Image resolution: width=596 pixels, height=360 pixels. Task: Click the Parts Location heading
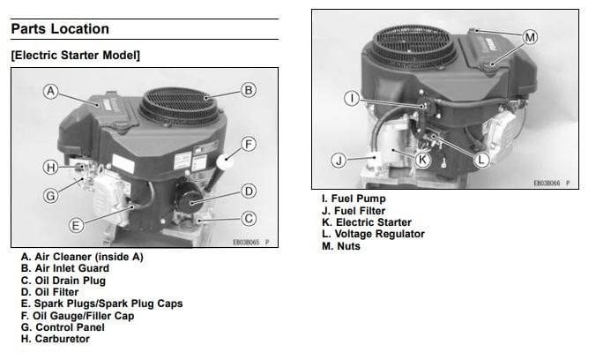(60, 29)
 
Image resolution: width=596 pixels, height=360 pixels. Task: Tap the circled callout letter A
(51, 91)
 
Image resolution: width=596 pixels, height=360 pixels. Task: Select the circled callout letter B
(249, 90)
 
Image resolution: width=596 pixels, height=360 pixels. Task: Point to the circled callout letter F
(249, 144)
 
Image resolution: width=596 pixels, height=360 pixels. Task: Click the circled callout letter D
(249, 191)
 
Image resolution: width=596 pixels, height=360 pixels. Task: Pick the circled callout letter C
(249, 218)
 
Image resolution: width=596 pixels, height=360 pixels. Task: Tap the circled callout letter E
(77, 225)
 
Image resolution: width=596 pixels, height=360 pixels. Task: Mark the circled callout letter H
(51, 166)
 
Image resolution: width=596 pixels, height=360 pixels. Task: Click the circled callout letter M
(530, 37)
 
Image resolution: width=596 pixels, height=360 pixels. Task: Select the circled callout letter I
(351, 98)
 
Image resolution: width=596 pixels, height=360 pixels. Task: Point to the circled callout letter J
(339, 161)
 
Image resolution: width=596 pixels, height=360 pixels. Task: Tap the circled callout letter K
(422, 160)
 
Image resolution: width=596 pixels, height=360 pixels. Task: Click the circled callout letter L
(481, 160)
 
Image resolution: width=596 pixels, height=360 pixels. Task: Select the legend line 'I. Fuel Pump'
(354, 199)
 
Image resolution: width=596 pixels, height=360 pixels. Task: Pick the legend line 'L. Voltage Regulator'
(373, 234)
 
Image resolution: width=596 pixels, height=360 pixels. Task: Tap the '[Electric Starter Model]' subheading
(75, 56)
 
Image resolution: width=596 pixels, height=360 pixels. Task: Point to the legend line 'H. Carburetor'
(55, 338)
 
